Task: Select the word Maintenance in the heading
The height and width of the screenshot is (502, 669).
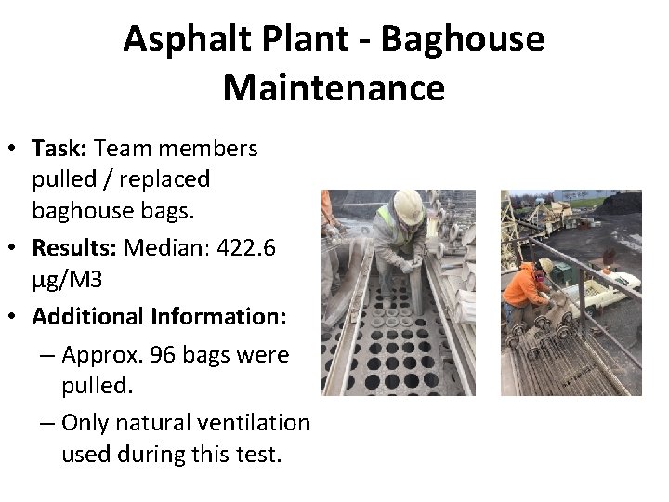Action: tap(334, 88)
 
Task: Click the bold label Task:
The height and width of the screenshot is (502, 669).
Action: tap(60, 148)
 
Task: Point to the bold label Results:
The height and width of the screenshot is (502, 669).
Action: tap(75, 248)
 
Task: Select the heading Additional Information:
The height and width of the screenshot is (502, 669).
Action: tap(159, 316)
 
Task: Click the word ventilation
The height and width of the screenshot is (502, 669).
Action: tap(255, 422)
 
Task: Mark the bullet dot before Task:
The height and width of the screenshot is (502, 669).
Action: tap(16, 149)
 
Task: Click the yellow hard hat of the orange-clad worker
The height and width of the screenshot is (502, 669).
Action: tap(545, 267)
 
